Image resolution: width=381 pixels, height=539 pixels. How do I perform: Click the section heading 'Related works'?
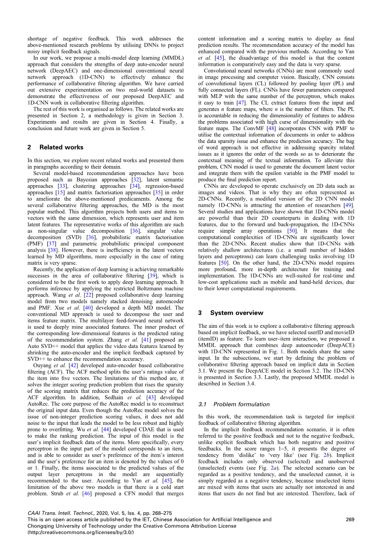(x=61, y=147)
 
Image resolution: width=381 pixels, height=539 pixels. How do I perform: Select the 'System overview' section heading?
(x=236, y=313)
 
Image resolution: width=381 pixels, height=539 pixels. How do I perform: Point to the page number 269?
(x=350, y=520)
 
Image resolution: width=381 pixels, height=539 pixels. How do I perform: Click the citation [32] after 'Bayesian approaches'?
(x=134, y=180)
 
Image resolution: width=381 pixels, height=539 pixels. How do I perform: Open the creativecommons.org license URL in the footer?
(x=80, y=532)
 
